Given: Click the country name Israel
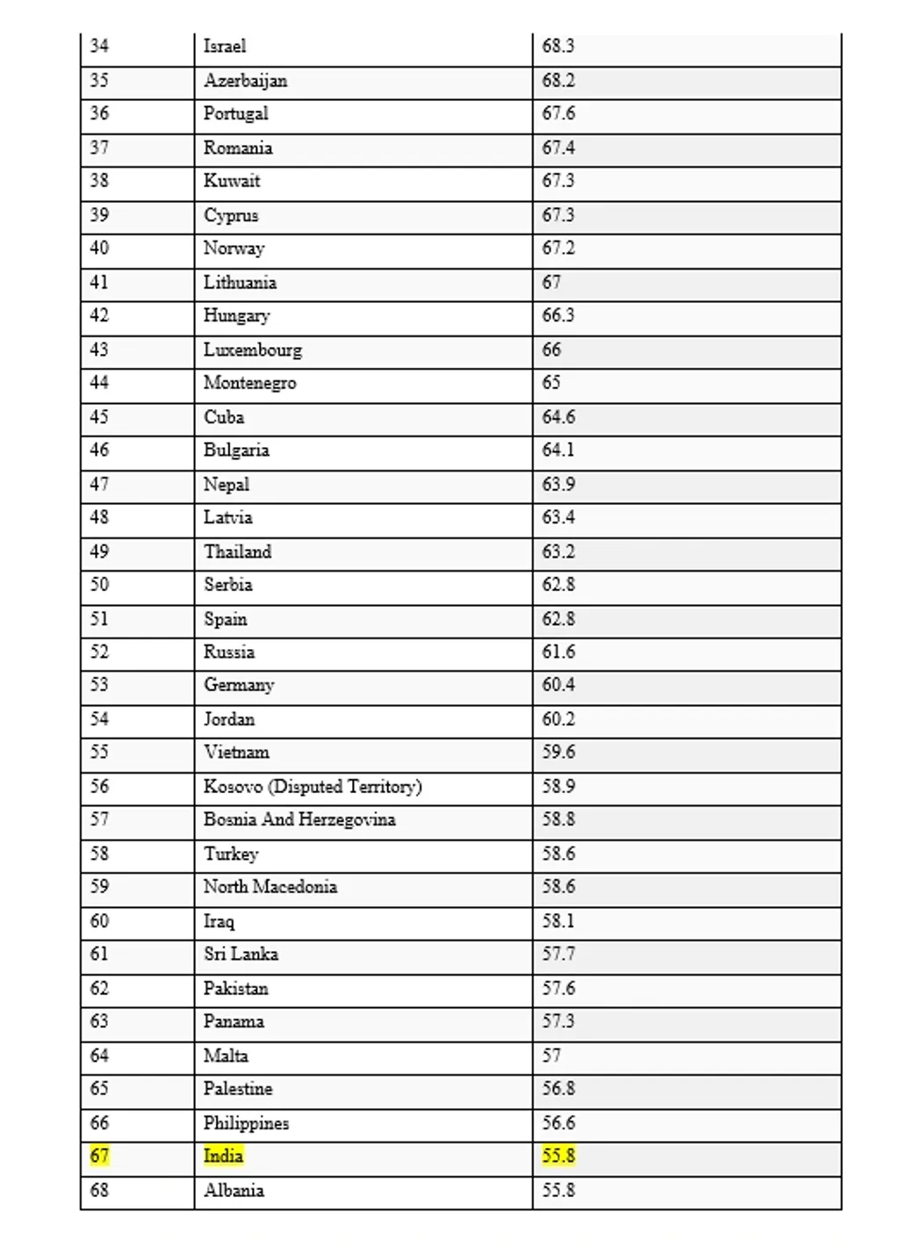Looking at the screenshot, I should pyautogui.click(x=225, y=47).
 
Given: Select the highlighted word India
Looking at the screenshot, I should pyautogui.click(x=223, y=1156).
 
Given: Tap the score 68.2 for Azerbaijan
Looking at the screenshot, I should pyautogui.click(x=558, y=81).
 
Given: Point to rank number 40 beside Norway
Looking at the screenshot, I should pyautogui.click(x=99, y=249).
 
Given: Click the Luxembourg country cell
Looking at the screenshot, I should pyautogui.click(x=253, y=350).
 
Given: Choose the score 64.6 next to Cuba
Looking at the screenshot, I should pyautogui.click(x=558, y=417).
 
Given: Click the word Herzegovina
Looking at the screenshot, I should pyautogui.click(x=347, y=819).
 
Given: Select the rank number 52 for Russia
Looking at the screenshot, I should pyautogui.click(x=99, y=653).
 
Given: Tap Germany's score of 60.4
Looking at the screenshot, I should pyautogui.click(x=558, y=685).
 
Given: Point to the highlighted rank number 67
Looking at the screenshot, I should pyautogui.click(x=99, y=1156).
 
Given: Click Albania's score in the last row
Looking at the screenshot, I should pyautogui.click(x=558, y=1191).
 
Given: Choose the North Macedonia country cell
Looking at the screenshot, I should pyautogui.click(x=270, y=887).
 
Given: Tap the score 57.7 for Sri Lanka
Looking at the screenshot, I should pyautogui.click(x=558, y=955).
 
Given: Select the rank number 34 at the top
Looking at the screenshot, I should pyautogui.click(x=99, y=47).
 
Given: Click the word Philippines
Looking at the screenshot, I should pyautogui.click(x=246, y=1123).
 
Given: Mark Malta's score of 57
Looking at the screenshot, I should pyautogui.click(x=551, y=1056).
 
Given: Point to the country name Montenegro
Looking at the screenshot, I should pyautogui.click(x=250, y=383).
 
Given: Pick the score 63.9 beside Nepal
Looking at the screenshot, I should pyautogui.click(x=558, y=485).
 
